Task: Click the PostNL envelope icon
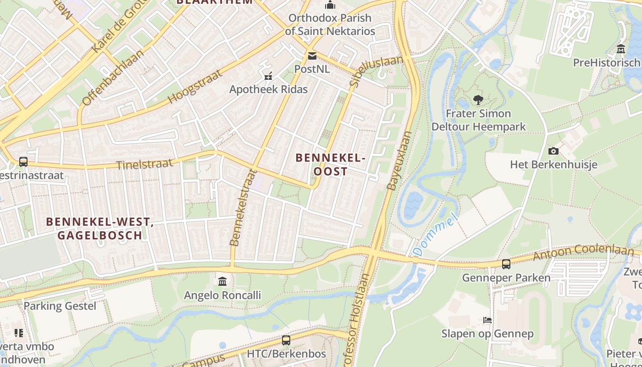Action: pos(312,56)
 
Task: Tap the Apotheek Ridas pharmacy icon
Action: pos(268,76)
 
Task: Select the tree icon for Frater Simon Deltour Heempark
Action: pos(478,100)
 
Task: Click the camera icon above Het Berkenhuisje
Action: pos(553,151)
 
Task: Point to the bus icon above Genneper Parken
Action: pos(506,264)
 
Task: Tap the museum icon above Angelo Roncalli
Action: pos(222,281)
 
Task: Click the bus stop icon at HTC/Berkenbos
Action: pos(286,340)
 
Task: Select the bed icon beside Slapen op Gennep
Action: pos(487,320)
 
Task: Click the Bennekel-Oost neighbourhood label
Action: pos(330,164)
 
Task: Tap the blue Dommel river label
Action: pos(436,234)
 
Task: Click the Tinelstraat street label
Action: pos(144,164)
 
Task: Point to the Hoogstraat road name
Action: pos(195,86)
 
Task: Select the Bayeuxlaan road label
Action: pos(399,161)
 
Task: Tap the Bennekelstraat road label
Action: pos(242,207)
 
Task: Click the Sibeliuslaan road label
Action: pos(376,72)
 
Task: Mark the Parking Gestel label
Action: pos(60,306)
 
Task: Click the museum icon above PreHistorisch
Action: pos(621,49)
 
